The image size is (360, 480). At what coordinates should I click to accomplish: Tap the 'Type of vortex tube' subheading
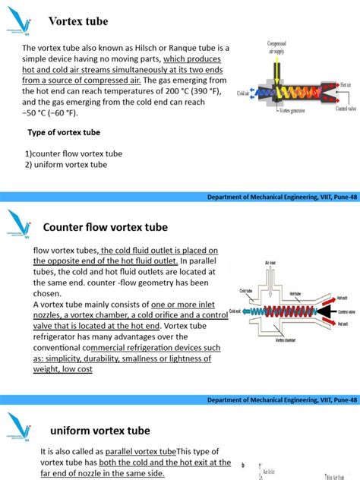[x=64, y=132]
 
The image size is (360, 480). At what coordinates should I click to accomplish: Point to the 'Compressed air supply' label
[x=276, y=49]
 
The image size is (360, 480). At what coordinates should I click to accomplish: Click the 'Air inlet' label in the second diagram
[x=270, y=262]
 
